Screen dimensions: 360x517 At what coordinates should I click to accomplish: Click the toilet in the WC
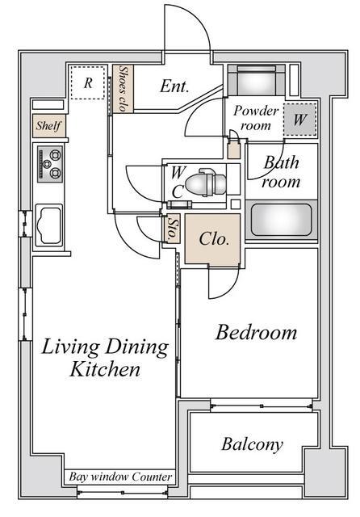click(x=206, y=183)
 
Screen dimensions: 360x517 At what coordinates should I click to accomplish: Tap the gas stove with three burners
click(x=50, y=164)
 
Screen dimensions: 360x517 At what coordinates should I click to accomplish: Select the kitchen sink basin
click(x=49, y=225)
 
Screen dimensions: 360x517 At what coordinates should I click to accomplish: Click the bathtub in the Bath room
click(x=281, y=220)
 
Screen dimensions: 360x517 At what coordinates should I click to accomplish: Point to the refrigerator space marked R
click(x=88, y=82)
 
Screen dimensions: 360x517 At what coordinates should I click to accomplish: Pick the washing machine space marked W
click(x=300, y=120)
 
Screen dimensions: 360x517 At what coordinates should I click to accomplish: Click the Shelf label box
click(x=48, y=126)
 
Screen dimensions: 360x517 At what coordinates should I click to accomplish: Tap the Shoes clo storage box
click(x=123, y=89)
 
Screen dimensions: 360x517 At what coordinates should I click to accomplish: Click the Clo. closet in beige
click(x=212, y=239)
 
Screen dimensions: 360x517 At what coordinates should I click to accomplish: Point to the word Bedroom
click(x=256, y=332)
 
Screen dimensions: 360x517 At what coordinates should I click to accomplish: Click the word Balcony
click(x=252, y=444)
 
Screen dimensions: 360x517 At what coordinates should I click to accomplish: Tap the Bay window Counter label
click(x=120, y=477)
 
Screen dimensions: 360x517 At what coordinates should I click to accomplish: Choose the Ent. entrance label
click(x=174, y=86)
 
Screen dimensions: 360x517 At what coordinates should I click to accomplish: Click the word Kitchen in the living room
click(x=105, y=369)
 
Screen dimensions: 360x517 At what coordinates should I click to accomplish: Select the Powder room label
click(x=256, y=118)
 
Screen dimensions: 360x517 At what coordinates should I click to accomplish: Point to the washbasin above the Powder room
click(x=256, y=80)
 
